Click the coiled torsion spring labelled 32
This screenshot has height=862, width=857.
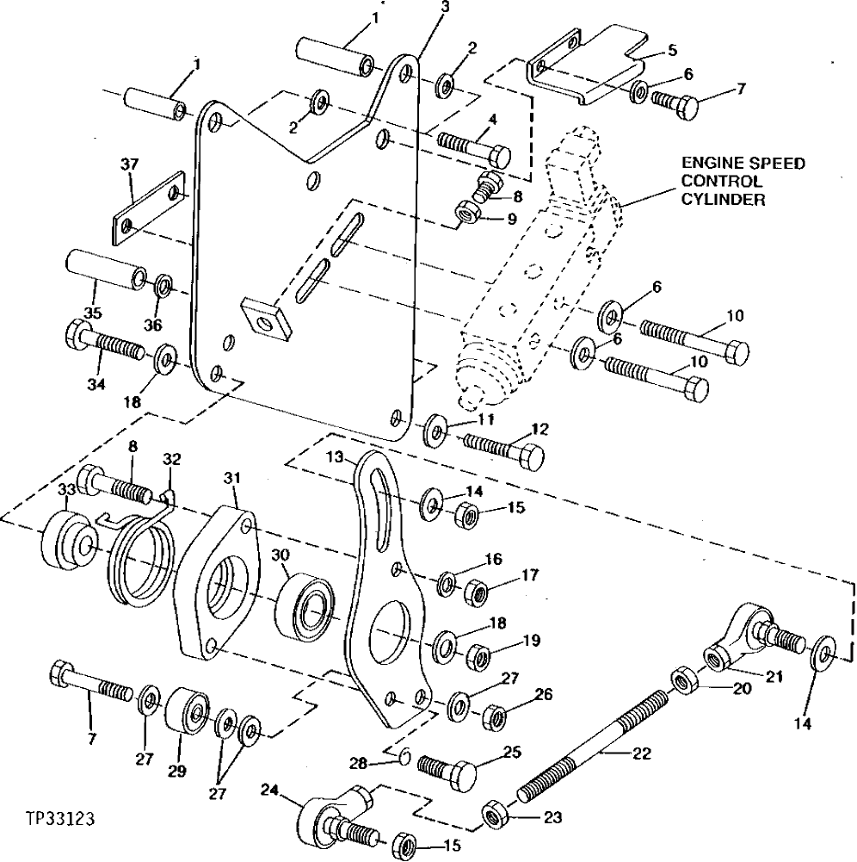142,553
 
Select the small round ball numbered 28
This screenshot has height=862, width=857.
402,757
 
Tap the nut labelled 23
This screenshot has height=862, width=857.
494,814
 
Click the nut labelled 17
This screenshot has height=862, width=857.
477,592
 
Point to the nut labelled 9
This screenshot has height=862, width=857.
470,212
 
